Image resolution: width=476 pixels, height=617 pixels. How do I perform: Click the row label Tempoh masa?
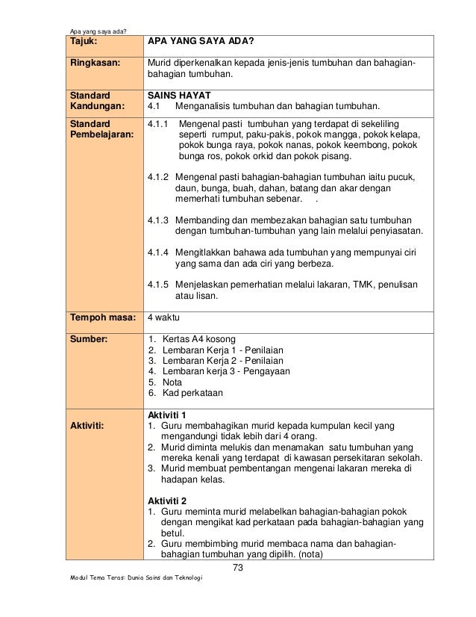pyautogui.click(x=101, y=317)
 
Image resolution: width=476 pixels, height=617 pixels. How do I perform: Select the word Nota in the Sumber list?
pyautogui.click(x=173, y=381)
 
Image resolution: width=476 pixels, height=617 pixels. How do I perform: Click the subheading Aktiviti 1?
pyautogui.click(x=168, y=415)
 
